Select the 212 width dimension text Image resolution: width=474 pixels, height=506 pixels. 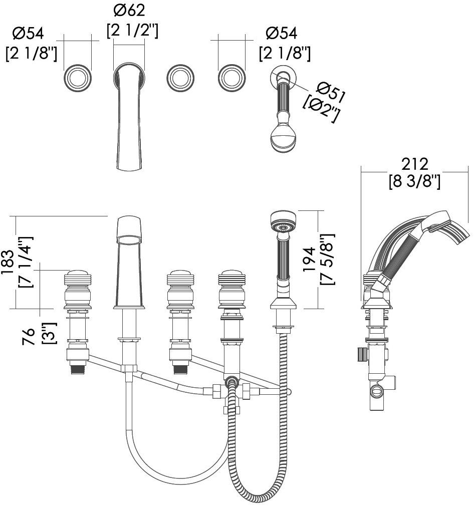(x=414, y=164)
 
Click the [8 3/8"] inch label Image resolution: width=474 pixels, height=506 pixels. (x=414, y=182)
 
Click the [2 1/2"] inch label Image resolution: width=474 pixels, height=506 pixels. (x=133, y=31)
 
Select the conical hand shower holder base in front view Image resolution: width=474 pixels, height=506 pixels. (x=284, y=303)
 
